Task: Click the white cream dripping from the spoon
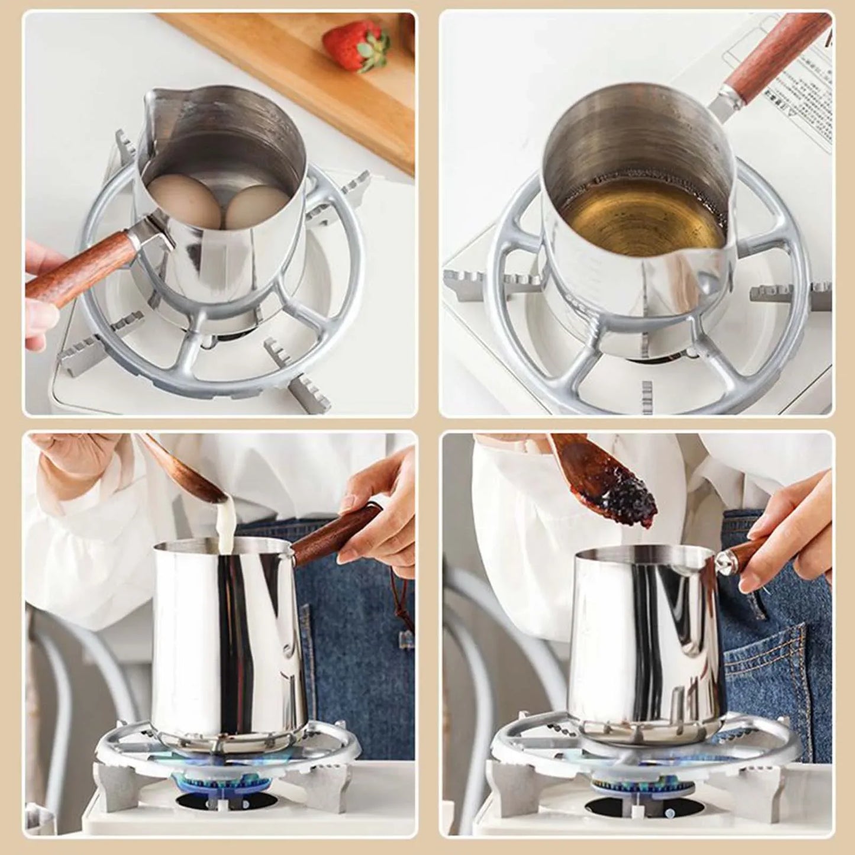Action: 225,521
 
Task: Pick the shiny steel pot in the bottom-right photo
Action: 645,633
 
